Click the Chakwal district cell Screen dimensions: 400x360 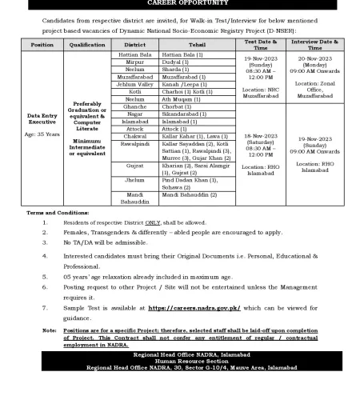[x=130, y=138]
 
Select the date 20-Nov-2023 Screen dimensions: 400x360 [x=321, y=59]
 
